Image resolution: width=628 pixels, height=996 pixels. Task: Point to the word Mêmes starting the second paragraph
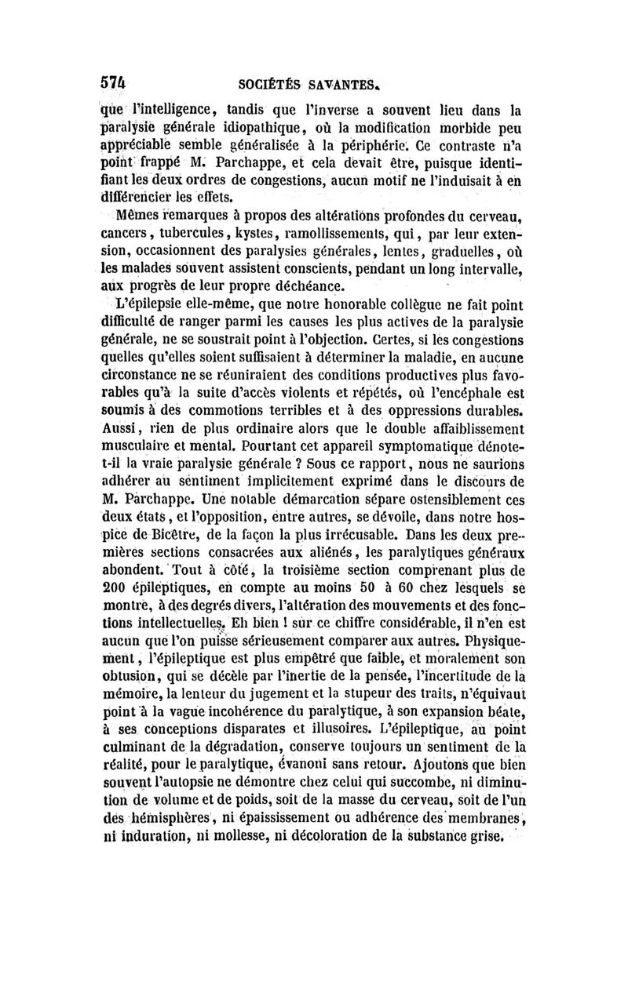click(x=136, y=216)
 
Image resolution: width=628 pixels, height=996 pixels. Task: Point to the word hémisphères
click(x=152, y=840)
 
